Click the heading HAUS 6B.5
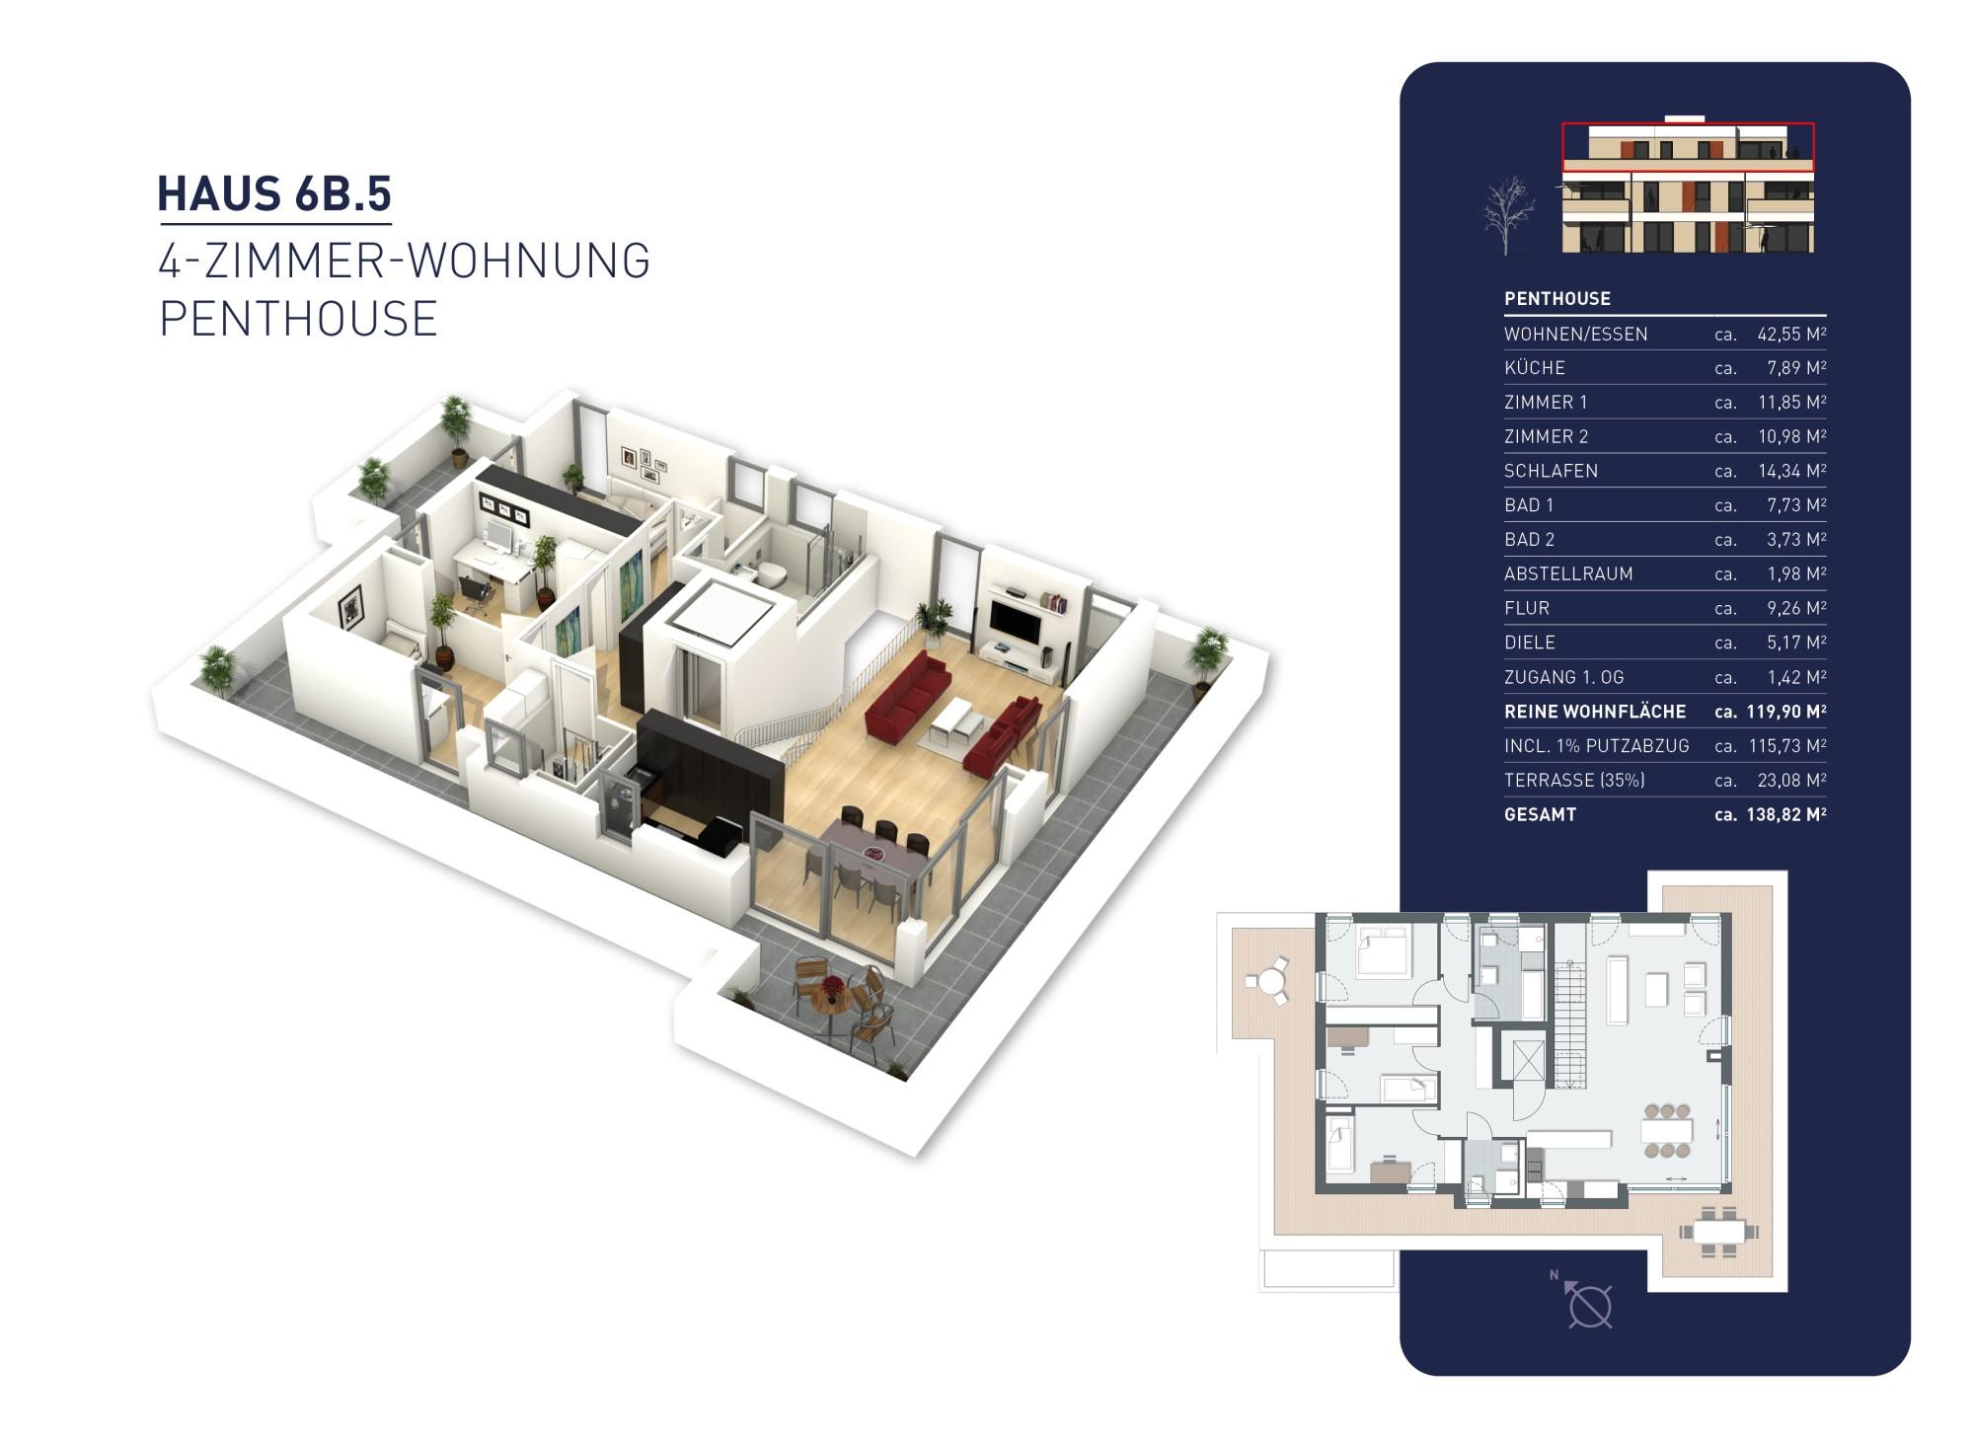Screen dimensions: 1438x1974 274,193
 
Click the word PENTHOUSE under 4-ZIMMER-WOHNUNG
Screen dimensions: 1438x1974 298,319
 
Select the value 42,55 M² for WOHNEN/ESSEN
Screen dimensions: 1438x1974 1790,334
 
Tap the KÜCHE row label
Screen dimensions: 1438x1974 1534,368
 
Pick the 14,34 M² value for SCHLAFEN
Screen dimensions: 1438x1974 1790,471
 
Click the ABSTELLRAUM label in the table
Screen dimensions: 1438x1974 1567,573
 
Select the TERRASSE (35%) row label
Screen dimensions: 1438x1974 1573,780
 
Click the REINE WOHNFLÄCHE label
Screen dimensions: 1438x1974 1594,712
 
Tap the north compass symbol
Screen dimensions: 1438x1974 1588,1306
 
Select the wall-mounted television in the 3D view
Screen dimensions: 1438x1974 1015,621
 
